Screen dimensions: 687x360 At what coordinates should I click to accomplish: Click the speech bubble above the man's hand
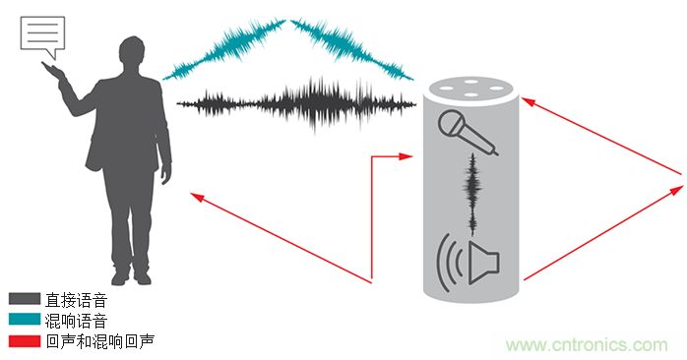[x=42, y=32]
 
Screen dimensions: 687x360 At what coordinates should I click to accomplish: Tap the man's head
[x=132, y=52]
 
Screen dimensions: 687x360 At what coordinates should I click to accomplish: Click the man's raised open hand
[x=53, y=71]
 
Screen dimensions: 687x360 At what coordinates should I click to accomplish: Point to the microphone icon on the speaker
[x=468, y=132]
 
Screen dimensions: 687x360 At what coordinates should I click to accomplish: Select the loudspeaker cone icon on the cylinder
[x=483, y=262]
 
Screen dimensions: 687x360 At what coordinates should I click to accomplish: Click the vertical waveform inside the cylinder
[x=472, y=194]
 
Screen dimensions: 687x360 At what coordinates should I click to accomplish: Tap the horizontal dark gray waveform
[x=296, y=104]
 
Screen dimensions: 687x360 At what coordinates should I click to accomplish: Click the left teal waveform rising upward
[x=224, y=49]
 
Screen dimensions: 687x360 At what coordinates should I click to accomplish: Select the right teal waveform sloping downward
[x=351, y=49]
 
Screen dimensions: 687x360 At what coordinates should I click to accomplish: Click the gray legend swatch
[x=25, y=299]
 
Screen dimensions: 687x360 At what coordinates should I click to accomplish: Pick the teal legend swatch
[x=25, y=320]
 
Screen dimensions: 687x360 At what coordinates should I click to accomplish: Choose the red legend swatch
[x=25, y=340]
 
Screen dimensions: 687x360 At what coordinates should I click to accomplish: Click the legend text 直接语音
[x=76, y=300]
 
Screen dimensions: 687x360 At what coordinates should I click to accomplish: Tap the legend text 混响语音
[x=76, y=321]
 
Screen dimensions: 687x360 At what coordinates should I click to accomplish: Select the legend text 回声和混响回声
[x=99, y=341]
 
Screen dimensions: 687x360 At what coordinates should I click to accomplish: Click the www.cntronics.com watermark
[x=587, y=345]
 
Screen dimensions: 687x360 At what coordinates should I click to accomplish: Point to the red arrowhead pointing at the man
[x=196, y=197]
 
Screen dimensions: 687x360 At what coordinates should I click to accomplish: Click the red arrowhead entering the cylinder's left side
[x=406, y=156]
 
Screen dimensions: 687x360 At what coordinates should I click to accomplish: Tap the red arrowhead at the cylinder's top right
[x=529, y=102]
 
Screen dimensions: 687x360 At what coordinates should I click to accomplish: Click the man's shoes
[x=131, y=277]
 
